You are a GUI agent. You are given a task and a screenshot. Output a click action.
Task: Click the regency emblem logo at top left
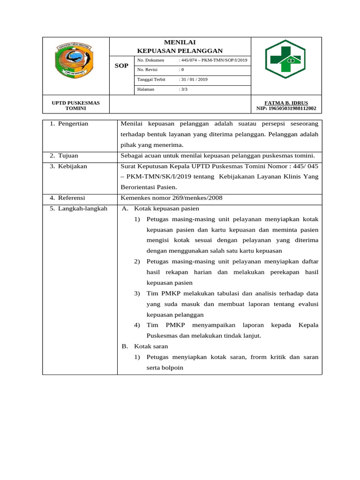coord(75,60)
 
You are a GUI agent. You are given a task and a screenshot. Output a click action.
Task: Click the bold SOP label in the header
coord(121,66)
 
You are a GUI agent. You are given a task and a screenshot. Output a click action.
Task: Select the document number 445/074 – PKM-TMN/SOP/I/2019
coord(213,60)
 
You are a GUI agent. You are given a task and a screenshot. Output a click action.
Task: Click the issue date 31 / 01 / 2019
coord(193,80)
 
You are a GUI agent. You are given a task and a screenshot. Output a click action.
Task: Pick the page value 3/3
coord(183,89)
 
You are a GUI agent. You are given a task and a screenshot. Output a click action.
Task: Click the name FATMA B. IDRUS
coord(286,103)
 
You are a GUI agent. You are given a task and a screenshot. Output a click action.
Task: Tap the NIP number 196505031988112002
coord(286,109)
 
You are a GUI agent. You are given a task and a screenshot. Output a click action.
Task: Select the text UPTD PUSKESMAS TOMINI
coord(75,105)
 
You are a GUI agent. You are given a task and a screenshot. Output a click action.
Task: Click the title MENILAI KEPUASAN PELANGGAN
coord(180,46)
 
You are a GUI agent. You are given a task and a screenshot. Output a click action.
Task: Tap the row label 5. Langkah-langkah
coord(78,209)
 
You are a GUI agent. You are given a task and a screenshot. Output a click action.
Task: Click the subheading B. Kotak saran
coord(144,346)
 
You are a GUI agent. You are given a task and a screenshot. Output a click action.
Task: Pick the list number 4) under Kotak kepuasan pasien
coord(137,325)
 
